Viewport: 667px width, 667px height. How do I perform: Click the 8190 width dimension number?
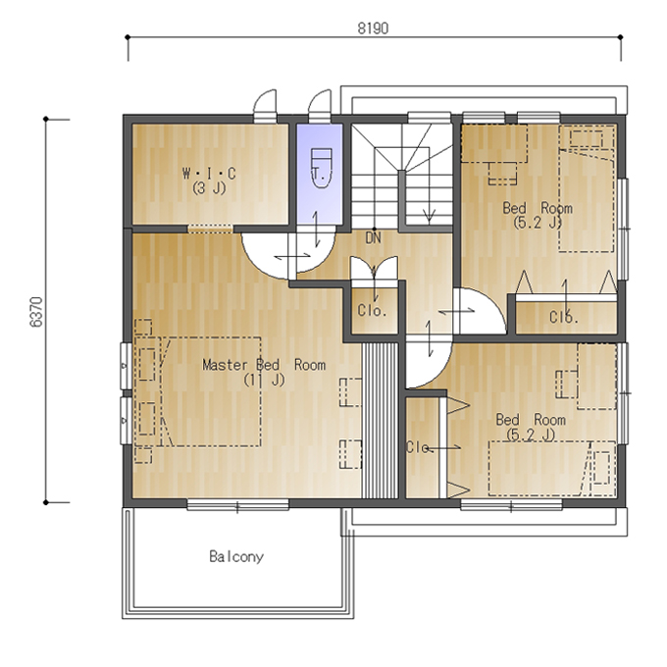click(x=373, y=28)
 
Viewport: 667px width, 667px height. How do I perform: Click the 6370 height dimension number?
click(x=36, y=312)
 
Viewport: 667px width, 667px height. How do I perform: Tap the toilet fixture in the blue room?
click(x=321, y=169)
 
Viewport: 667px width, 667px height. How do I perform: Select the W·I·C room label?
click(x=209, y=174)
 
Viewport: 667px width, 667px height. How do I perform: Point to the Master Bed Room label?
click(x=264, y=365)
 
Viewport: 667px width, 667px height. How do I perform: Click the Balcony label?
click(x=236, y=556)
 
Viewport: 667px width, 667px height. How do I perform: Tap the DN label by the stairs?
click(x=373, y=238)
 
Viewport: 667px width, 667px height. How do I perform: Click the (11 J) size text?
click(x=264, y=380)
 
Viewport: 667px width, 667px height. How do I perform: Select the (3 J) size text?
click(x=209, y=187)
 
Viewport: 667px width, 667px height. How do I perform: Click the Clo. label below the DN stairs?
click(x=372, y=311)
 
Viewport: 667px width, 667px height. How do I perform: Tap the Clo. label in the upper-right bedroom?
click(x=564, y=317)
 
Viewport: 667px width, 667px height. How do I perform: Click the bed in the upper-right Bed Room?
click(x=587, y=188)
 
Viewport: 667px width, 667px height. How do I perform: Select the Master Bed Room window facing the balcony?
click(x=237, y=505)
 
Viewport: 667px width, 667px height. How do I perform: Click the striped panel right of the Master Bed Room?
click(x=380, y=420)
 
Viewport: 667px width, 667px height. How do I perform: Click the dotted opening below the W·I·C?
click(x=210, y=229)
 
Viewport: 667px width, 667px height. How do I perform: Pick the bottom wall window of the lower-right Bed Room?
click(x=511, y=505)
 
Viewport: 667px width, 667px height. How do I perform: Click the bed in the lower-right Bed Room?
click(x=552, y=468)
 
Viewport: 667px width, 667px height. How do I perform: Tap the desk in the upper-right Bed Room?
click(x=494, y=143)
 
